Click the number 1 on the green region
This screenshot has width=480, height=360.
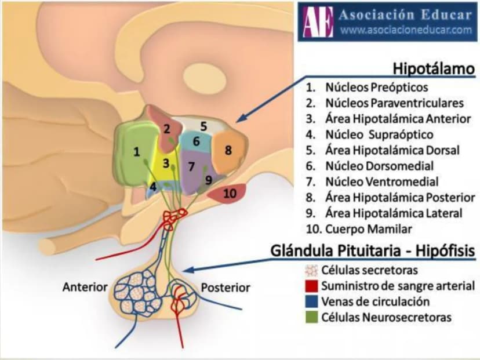[x=137, y=152]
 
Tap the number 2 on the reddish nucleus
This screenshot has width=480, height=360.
[x=167, y=129]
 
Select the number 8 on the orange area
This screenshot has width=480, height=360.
[x=228, y=150]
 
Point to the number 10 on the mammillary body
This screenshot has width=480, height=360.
[x=230, y=194]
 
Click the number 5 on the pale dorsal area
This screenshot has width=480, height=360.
[x=203, y=126]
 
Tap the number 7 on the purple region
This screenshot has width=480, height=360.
[x=191, y=166]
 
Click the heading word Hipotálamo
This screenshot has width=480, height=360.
[x=434, y=68]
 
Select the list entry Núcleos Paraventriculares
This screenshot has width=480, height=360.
[x=395, y=103]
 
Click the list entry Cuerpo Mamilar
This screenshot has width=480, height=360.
[x=369, y=229]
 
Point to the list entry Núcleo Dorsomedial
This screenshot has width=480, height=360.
[x=380, y=166]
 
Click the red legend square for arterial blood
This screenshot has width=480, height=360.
[x=312, y=286]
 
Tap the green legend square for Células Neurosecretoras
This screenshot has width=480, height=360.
[x=312, y=317]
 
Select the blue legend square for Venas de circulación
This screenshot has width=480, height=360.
[x=312, y=301]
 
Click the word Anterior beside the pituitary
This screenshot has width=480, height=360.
[x=85, y=287]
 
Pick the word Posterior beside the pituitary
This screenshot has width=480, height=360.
[x=226, y=288]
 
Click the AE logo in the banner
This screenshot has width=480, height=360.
[x=318, y=21]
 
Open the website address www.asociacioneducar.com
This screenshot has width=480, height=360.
[x=406, y=30]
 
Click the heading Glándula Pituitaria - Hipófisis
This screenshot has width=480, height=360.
[x=373, y=251]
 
